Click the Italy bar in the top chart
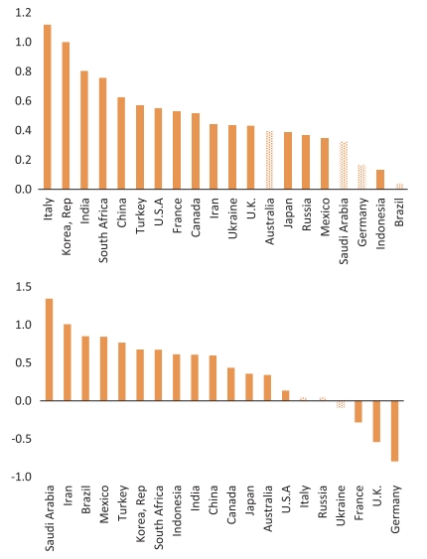(47, 107)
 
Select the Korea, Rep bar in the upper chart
(66, 115)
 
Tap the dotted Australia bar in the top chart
(269, 160)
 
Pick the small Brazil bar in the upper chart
(399, 186)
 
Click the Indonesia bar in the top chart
(380, 180)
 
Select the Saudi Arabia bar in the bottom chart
(49, 349)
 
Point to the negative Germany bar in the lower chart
(394, 431)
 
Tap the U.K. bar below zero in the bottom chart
(376, 421)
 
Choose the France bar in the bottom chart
(358, 411)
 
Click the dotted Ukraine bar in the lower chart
(341, 404)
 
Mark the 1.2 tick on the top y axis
(23, 13)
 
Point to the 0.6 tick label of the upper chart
(23, 101)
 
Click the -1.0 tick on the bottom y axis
(22, 477)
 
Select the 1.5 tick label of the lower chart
(23, 287)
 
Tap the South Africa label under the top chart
(103, 230)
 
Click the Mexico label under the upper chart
(325, 217)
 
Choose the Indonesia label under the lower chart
(177, 510)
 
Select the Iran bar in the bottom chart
(67, 362)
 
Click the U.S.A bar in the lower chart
(286, 396)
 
